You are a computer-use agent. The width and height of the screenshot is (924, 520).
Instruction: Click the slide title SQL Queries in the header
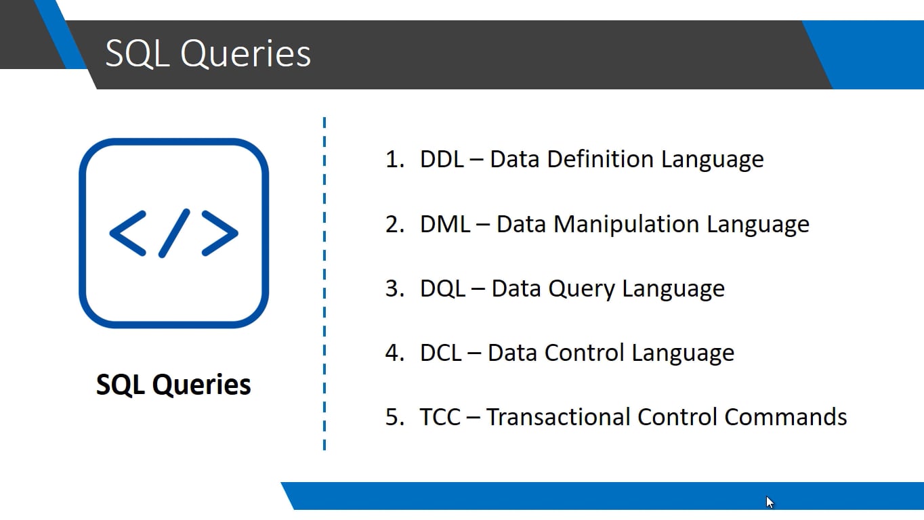pos(208,53)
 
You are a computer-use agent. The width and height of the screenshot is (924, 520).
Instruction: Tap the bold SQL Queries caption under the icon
pos(173,385)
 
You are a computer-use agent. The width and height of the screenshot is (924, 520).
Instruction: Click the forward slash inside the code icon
pos(174,233)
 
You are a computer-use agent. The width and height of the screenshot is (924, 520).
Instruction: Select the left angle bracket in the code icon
pos(128,233)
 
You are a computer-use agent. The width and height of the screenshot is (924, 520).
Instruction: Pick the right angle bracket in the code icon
pos(220,233)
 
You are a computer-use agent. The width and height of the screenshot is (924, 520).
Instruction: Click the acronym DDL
pos(442,159)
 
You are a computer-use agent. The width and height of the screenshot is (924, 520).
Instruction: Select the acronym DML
pos(444,224)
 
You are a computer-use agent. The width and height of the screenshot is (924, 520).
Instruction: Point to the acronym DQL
pos(442,288)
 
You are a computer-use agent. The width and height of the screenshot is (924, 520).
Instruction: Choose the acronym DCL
pos(441,353)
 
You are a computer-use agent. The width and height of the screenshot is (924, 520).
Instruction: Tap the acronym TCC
pos(440,416)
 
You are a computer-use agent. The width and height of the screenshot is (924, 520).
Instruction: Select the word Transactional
pos(559,416)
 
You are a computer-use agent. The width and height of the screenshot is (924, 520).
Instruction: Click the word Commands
pos(785,416)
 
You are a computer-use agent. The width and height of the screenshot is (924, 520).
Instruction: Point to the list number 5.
pos(394,416)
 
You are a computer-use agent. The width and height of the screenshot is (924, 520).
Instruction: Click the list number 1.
pos(394,159)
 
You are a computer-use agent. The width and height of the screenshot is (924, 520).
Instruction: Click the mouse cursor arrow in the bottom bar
pos(770,502)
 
